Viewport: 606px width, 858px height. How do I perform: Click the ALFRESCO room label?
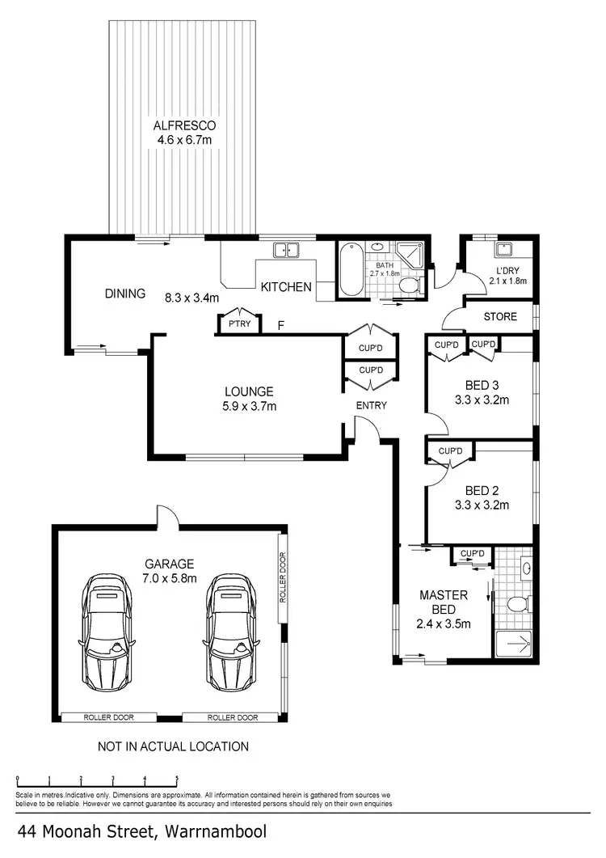click(183, 126)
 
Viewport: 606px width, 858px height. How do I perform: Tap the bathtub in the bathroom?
click(351, 269)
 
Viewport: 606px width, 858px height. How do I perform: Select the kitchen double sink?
click(285, 251)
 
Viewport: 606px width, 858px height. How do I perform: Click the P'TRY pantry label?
click(238, 325)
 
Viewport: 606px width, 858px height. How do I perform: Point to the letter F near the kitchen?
click(280, 326)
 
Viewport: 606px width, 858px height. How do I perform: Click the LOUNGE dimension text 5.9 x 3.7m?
click(250, 407)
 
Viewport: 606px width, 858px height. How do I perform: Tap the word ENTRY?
click(371, 405)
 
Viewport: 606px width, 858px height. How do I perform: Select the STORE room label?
click(499, 316)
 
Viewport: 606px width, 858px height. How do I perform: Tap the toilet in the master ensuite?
click(516, 604)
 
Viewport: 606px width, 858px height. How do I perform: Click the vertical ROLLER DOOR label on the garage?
click(283, 578)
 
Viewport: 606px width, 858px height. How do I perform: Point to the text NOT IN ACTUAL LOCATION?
click(173, 746)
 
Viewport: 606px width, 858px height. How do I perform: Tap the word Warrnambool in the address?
click(215, 831)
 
